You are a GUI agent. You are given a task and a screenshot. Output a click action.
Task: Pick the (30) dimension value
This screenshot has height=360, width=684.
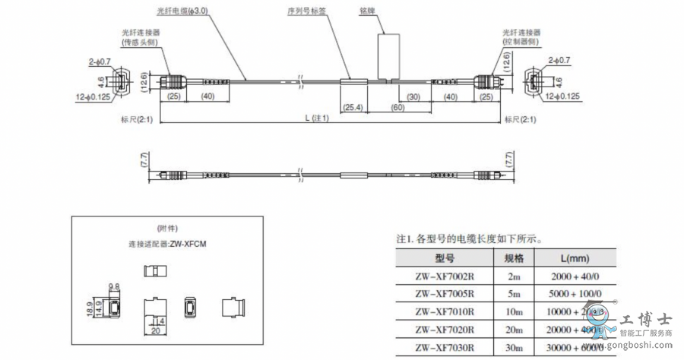point(413,96)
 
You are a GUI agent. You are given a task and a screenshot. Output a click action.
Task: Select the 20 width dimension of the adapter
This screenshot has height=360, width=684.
point(155,331)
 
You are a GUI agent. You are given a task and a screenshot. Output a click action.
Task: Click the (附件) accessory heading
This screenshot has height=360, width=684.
point(166,229)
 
